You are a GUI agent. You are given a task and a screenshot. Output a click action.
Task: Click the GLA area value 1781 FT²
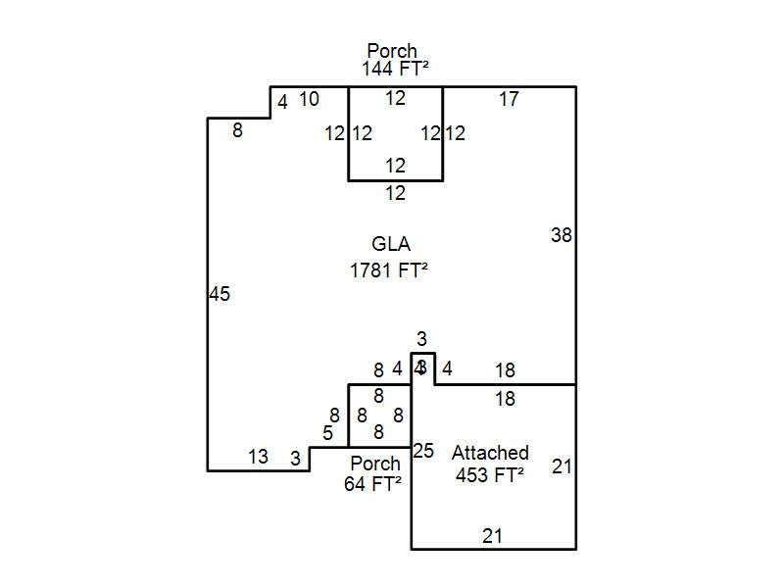pos(389,270)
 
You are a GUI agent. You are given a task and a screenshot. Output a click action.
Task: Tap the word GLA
pos(391,244)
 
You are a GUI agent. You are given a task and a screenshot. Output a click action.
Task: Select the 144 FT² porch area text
pos(396,69)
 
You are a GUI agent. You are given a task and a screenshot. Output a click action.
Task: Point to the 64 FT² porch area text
pos(373,483)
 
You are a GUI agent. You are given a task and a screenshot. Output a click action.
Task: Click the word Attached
pos(490,453)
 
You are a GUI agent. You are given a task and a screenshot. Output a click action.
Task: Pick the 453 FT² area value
pos(490,475)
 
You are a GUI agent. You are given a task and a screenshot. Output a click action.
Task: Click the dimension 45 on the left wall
pos(220,294)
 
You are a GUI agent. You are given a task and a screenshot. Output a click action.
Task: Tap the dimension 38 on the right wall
pos(562,235)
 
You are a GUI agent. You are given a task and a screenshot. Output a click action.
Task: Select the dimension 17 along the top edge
pos(509,99)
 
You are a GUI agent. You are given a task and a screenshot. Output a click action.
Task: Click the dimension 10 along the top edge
pos(309,99)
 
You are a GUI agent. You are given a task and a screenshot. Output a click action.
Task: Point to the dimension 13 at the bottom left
pos(258,457)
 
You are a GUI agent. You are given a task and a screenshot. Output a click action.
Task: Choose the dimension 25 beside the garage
pos(423,451)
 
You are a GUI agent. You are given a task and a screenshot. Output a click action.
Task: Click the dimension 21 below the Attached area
pos(493,536)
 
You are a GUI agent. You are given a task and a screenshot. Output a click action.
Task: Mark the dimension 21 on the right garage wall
pos(562,466)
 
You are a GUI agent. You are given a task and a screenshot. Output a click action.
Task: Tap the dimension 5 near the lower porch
pos(327,433)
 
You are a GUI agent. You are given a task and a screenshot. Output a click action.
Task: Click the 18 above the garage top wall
pos(505,370)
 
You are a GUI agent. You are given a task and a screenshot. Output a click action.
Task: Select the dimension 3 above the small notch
pos(421,339)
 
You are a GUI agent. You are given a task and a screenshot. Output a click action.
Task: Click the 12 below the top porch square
pos(395,194)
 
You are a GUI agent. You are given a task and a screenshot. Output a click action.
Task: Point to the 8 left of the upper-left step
pos(237,129)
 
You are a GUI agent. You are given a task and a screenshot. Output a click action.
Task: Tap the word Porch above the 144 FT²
pos(392,50)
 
